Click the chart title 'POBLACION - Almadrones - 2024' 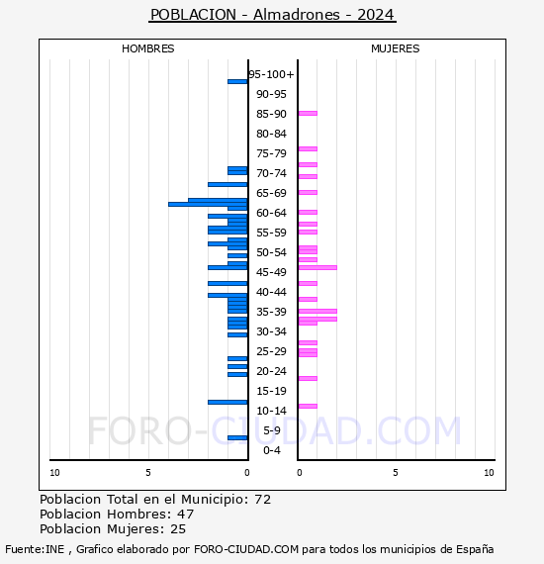(272, 15)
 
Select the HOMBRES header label (148, 48)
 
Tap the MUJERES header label (395, 48)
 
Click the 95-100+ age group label (271, 74)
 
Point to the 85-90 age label (271, 114)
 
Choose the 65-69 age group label (271, 193)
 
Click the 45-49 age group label (271, 272)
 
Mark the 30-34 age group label (271, 331)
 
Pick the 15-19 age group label (271, 391)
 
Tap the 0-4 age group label (271, 450)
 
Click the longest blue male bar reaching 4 (208, 204)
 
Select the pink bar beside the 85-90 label (308, 113)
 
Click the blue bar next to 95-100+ (237, 81)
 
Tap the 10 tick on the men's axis (54, 473)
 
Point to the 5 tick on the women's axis (395, 473)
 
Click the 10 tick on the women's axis (489, 473)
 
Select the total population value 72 (262, 500)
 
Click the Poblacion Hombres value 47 (185, 515)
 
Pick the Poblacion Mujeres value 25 (177, 529)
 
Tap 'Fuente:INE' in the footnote (36, 549)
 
